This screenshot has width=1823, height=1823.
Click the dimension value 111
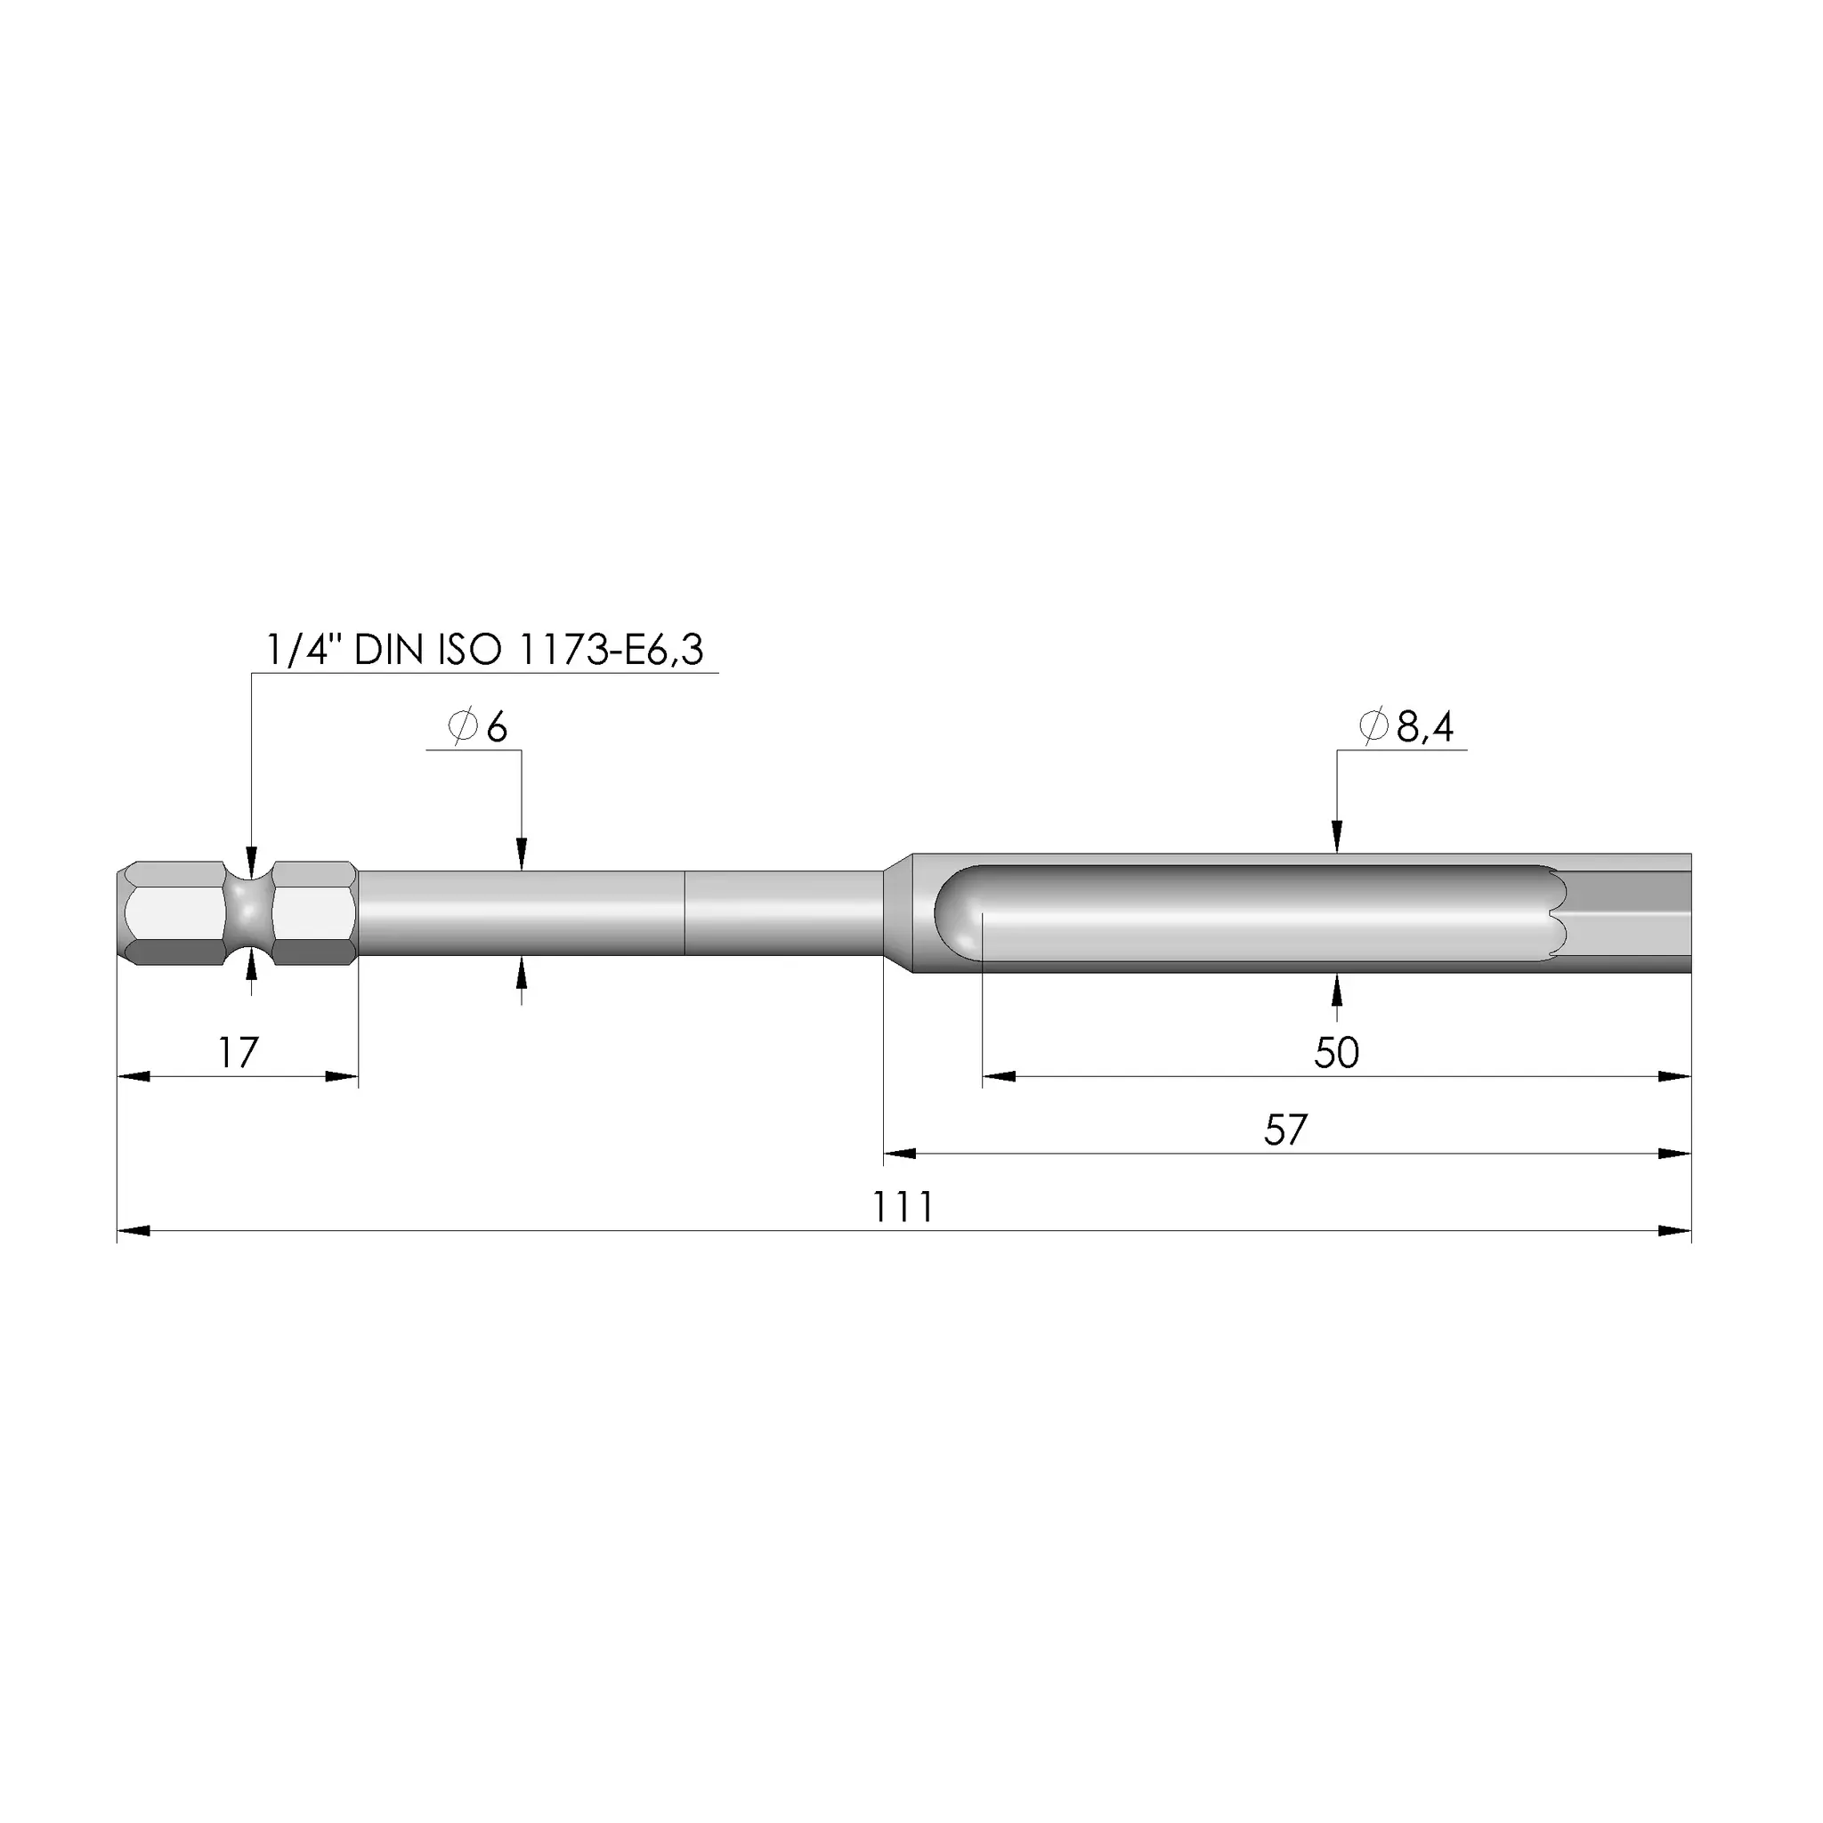click(x=903, y=1208)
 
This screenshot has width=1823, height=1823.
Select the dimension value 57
click(x=1285, y=1130)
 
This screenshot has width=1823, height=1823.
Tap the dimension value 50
click(x=1336, y=1053)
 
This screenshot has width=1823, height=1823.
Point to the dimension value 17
click(x=238, y=1053)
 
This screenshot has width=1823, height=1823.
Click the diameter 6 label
click(x=477, y=727)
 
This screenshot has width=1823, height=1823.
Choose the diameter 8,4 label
click(x=1406, y=726)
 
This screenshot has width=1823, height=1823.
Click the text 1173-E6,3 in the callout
click(x=612, y=650)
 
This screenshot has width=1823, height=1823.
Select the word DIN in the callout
click(x=389, y=650)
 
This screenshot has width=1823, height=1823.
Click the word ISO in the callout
click(x=469, y=650)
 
